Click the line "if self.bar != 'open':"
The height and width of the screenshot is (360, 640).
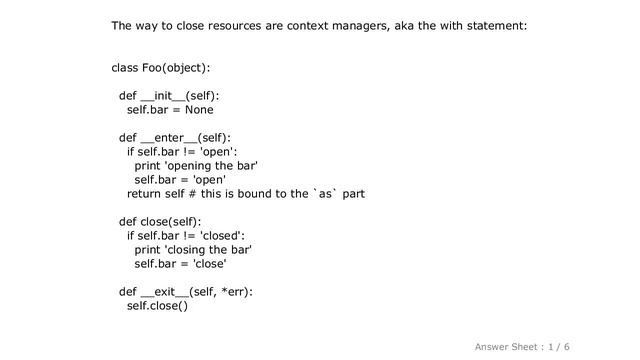pos(187,152)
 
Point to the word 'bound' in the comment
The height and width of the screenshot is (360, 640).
pos(268,194)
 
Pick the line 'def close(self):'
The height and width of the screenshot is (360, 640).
pos(160,221)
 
